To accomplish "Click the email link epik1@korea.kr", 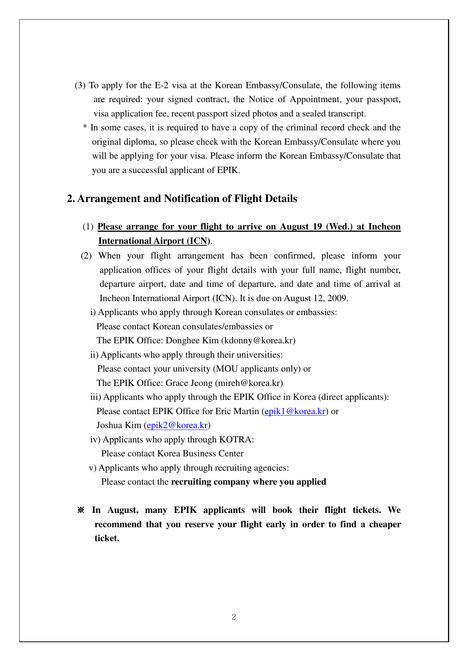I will [x=295, y=411].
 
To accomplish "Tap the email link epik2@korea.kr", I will [x=177, y=425].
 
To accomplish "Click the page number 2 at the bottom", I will [x=234, y=617].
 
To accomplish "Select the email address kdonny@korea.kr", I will [x=258, y=341].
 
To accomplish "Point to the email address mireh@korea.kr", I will [x=249, y=383].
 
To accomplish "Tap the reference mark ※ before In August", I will [x=81, y=510].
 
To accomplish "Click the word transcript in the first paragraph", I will [x=347, y=114].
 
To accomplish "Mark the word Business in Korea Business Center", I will [x=198, y=454].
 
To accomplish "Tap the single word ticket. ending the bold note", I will [x=107, y=539].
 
